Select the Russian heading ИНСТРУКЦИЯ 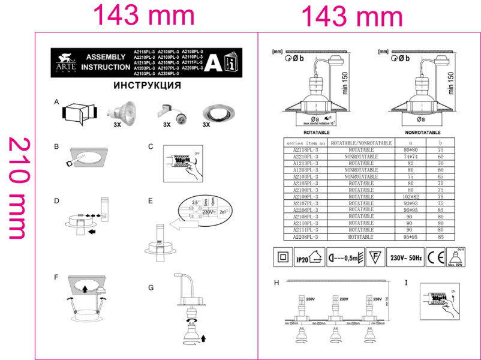148,86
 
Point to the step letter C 151,146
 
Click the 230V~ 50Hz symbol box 405,257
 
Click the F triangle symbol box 374,257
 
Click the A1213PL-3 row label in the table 306,163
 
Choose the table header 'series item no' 306,143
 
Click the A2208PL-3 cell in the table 306,237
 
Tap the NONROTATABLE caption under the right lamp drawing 423,131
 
